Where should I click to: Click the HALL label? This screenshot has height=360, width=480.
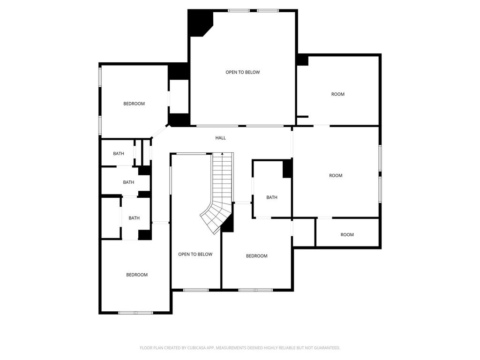pyautogui.click(x=220, y=138)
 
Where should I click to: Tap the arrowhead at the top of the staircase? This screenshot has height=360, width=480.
pyautogui.click(x=222, y=154)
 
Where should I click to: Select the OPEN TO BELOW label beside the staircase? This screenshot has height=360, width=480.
pyautogui.click(x=195, y=255)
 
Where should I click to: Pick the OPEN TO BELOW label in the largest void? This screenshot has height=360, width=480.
pyautogui.click(x=243, y=72)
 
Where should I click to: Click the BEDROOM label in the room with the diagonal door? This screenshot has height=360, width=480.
pyautogui.click(x=134, y=104)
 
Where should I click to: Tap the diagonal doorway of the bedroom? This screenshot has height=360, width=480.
pyautogui.click(x=159, y=132)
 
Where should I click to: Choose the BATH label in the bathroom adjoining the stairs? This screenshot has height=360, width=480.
pyautogui.click(x=272, y=197)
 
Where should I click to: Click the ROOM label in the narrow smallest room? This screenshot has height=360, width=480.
pyautogui.click(x=347, y=235)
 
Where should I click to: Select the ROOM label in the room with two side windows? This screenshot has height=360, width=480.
pyautogui.click(x=336, y=176)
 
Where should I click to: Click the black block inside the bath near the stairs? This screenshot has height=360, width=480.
pyautogui.click(x=287, y=169)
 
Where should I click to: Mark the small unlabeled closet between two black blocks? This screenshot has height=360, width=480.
pyautogui.click(x=179, y=97)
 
